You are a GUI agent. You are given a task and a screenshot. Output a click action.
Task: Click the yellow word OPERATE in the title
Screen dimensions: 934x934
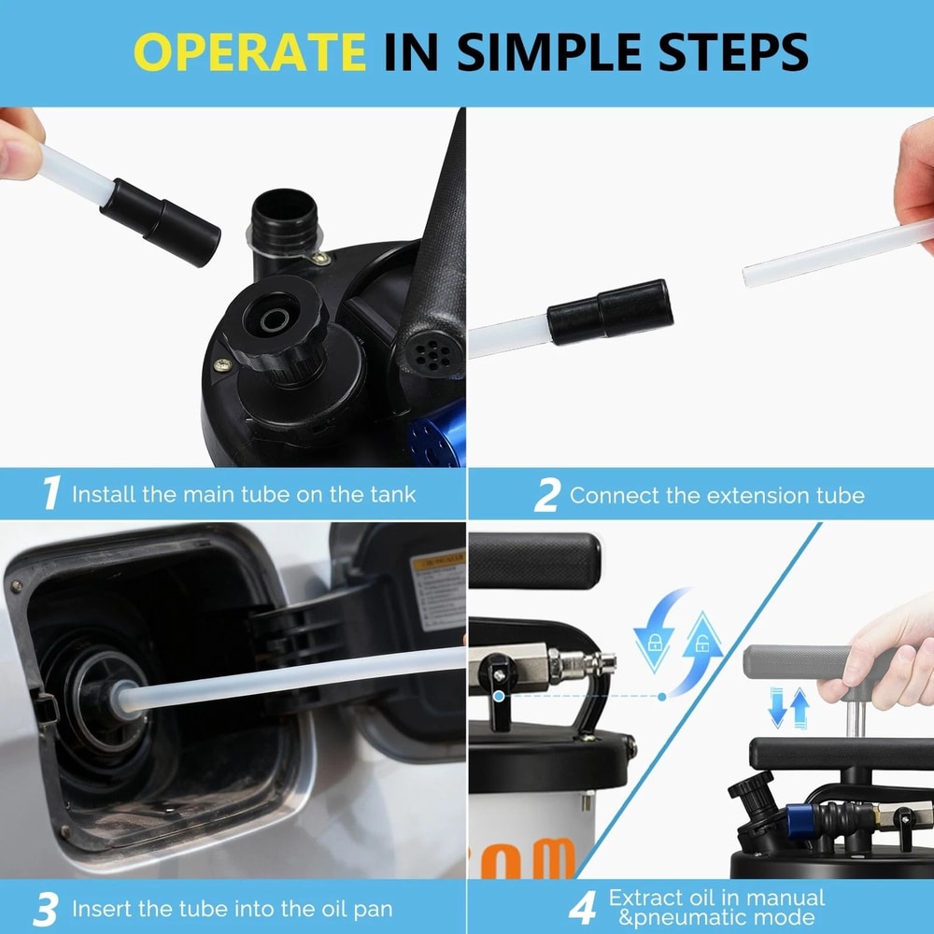[250, 52]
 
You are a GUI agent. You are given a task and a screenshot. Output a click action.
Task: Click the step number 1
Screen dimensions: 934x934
[51, 493]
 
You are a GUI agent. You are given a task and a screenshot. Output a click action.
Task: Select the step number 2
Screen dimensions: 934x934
[546, 495]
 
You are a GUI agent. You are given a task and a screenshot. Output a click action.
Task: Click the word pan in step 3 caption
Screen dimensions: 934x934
[371, 909]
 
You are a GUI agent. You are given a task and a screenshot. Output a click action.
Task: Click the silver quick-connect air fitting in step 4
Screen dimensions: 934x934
[579, 666]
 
